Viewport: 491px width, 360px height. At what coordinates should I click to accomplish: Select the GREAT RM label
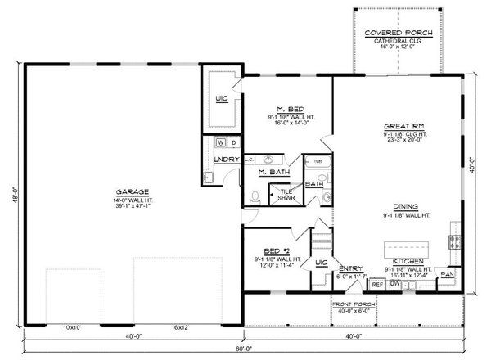point(397,127)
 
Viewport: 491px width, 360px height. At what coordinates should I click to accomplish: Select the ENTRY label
point(350,267)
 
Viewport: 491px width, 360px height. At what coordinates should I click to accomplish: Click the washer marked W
point(220,143)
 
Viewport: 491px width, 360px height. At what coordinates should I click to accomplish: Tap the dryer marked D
point(232,143)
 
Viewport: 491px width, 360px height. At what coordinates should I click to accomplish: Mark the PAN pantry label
point(446,274)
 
